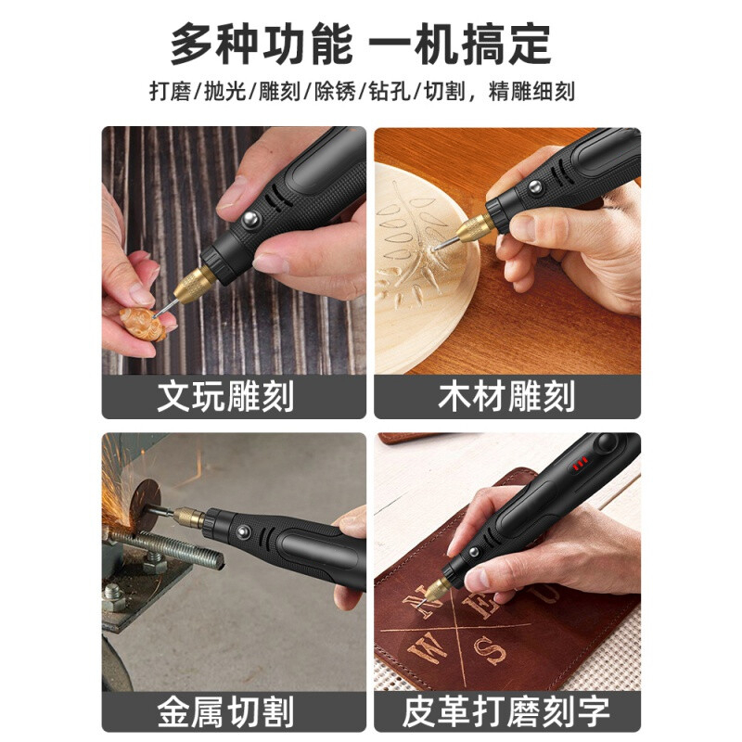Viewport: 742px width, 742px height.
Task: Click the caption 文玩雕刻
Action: (x=225, y=396)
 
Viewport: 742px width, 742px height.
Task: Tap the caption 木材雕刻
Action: (x=506, y=396)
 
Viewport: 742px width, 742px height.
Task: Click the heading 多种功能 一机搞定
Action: (x=361, y=44)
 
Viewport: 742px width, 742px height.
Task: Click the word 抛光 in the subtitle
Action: (x=224, y=91)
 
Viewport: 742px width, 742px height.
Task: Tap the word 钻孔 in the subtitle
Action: (x=390, y=91)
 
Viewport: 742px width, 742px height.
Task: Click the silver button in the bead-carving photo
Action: (x=250, y=219)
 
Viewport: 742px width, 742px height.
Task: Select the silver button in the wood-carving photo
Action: (x=535, y=186)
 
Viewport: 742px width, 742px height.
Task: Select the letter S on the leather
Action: (x=489, y=651)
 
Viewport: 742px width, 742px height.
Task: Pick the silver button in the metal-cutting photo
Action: (x=244, y=531)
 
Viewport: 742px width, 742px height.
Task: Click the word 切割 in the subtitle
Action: (x=445, y=91)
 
